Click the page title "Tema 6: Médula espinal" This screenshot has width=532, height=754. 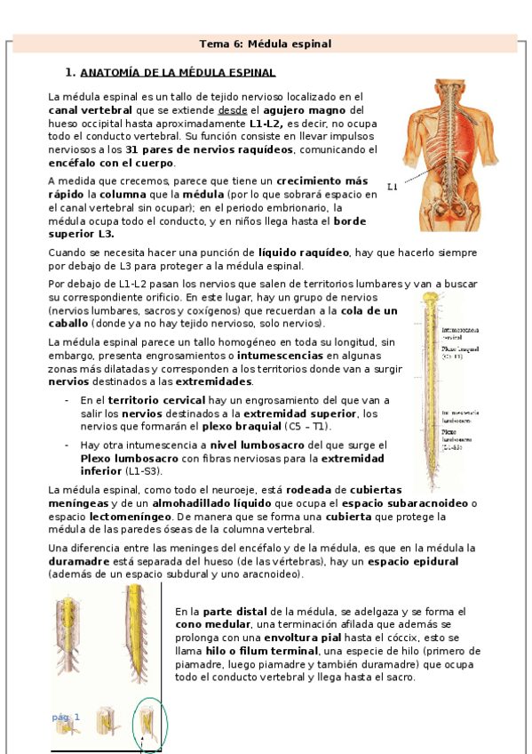[265, 43]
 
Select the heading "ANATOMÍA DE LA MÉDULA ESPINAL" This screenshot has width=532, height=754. [178, 72]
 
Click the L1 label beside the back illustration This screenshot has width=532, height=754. [393, 188]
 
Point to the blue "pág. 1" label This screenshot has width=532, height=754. [66, 717]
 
